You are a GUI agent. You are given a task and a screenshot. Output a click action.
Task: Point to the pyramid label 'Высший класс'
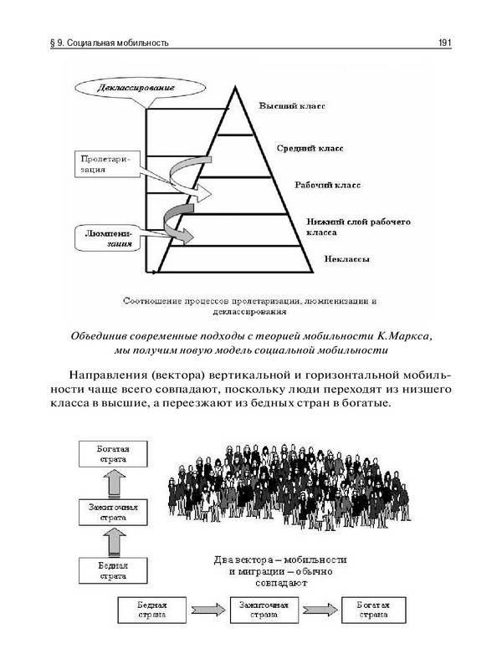click(291, 108)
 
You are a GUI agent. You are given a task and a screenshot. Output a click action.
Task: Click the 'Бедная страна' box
click(152, 609)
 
